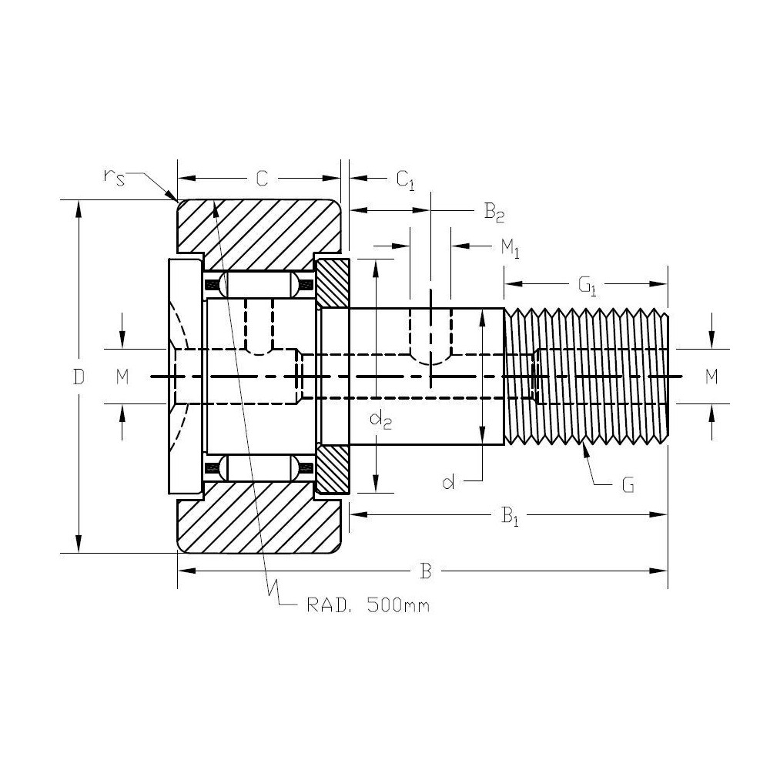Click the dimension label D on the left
(x=78, y=377)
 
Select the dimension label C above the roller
(x=261, y=179)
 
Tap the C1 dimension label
(x=405, y=180)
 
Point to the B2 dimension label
(x=494, y=213)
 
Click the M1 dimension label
(x=511, y=248)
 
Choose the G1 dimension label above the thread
(x=588, y=286)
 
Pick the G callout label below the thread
(x=628, y=486)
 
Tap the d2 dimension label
(x=379, y=420)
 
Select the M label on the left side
(x=122, y=377)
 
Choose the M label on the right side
(x=711, y=377)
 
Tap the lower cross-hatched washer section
(x=333, y=470)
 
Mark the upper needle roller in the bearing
(x=259, y=283)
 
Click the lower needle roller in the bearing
(x=259, y=468)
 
